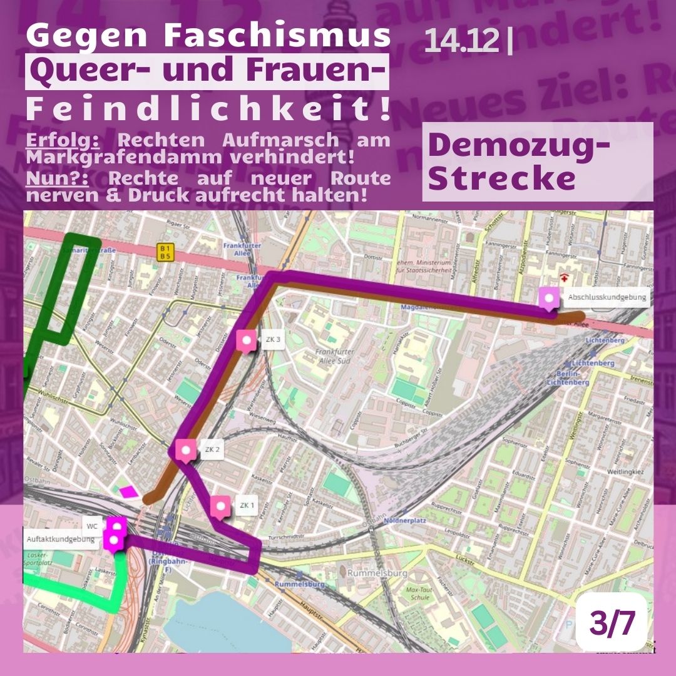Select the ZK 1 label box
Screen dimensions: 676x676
click(x=247, y=505)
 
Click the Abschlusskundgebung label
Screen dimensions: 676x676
click(x=607, y=297)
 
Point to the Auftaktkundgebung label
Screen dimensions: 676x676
click(x=61, y=539)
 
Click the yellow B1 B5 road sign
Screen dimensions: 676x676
click(x=165, y=252)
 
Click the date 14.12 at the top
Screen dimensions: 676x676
click(x=462, y=41)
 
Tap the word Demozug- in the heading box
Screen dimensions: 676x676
click(x=519, y=146)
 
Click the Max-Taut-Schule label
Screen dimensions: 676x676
click(x=420, y=593)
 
